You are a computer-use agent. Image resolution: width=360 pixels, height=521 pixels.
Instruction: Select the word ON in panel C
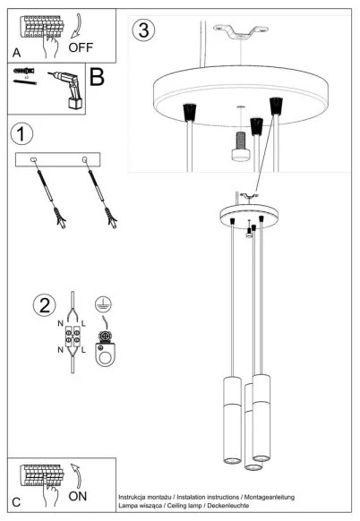[x=78, y=495]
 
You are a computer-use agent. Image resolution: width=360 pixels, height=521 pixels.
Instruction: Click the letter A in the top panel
[x=17, y=52]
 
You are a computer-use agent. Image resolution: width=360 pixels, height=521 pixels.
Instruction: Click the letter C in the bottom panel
[x=17, y=500]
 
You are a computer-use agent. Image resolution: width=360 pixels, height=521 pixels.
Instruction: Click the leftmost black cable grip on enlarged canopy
[x=190, y=113]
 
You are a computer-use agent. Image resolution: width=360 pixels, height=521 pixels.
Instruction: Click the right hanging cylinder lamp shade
[x=261, y=416]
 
